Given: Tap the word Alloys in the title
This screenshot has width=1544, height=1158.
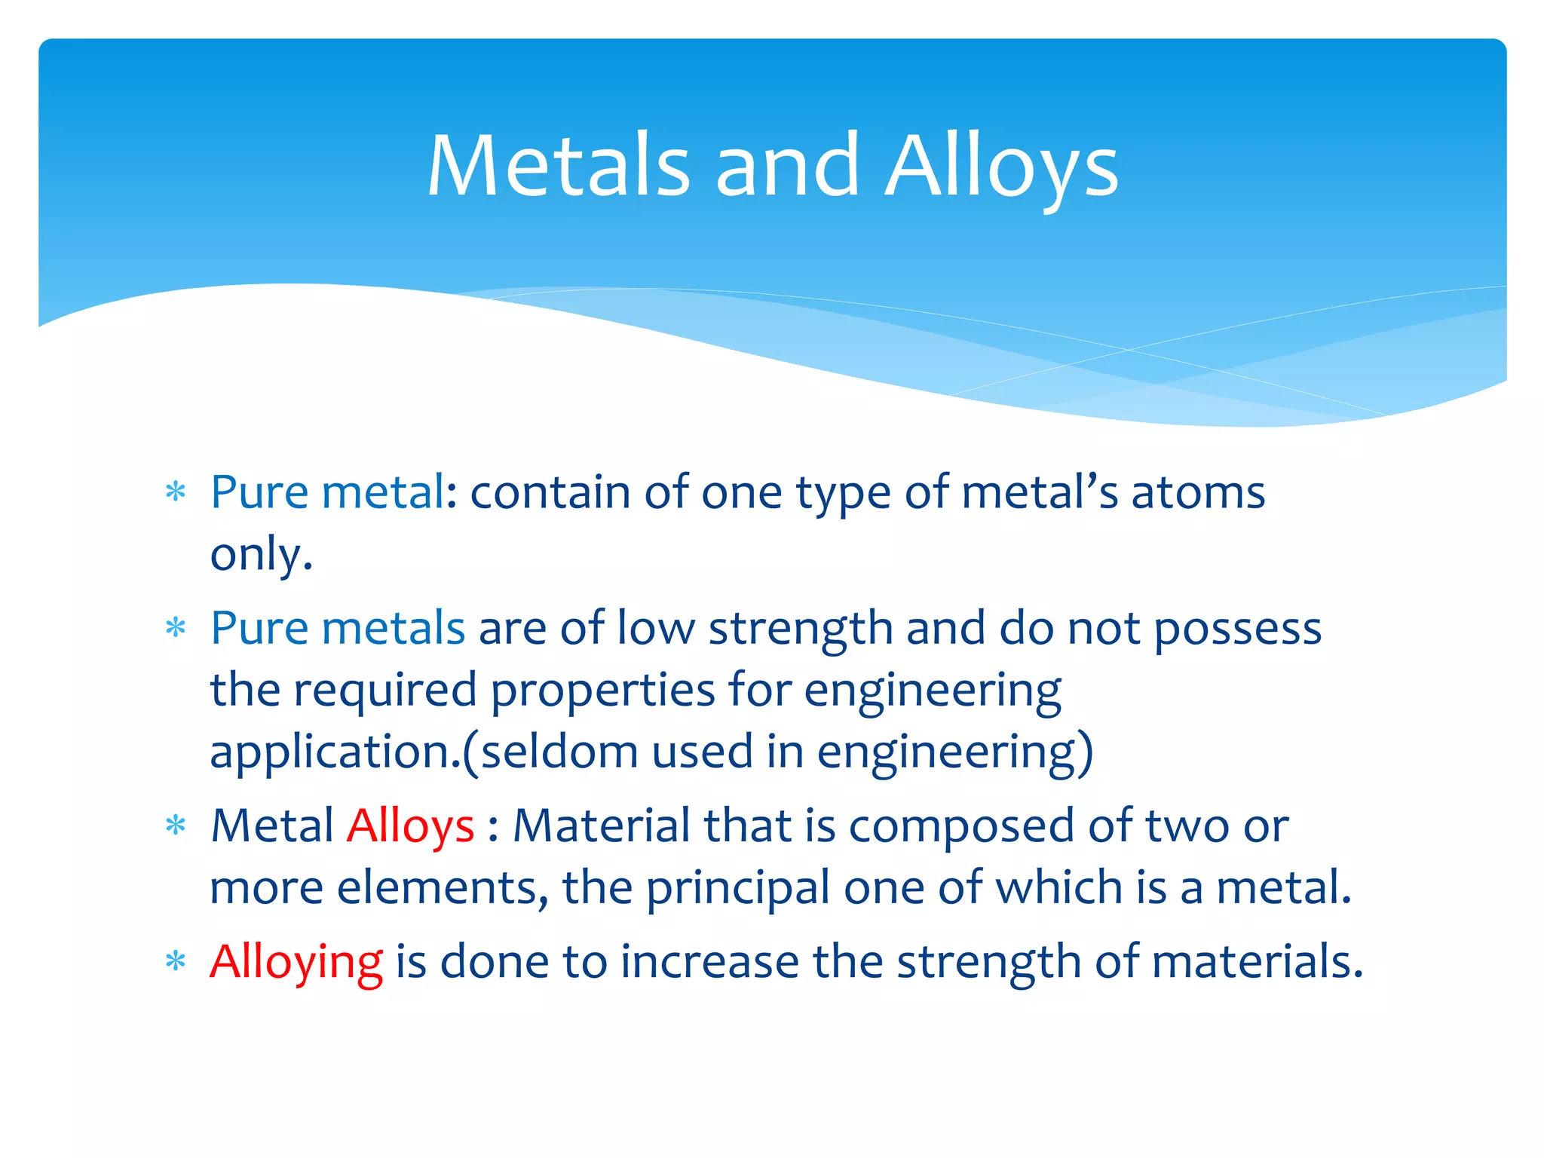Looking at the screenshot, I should coord(1001,167).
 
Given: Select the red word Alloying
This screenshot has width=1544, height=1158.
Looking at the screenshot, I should coord(296,963).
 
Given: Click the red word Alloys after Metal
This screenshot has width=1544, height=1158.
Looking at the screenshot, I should coord(410,826).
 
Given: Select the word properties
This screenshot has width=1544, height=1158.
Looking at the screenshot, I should coord(602,691).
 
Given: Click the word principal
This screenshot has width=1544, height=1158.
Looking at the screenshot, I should coord(738,888).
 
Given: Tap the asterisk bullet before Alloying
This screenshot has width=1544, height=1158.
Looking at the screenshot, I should coord(176,962).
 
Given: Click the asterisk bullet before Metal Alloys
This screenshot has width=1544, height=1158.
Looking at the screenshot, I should coord(176,826).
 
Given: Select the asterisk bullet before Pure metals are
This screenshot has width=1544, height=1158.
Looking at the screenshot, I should coord(176,628).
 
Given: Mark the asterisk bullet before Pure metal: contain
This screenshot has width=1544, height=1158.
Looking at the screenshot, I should coord(176,493).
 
